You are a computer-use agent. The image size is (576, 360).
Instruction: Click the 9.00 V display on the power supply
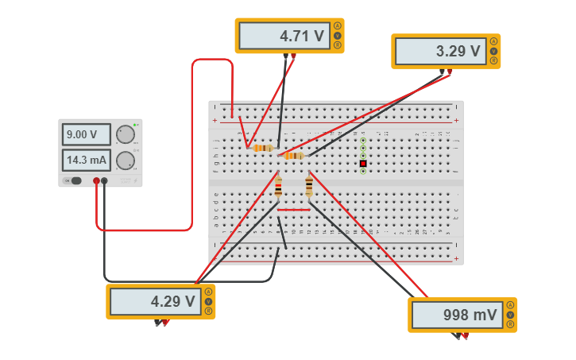coord(86,134)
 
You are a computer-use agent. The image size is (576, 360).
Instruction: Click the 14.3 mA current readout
coord(86,160)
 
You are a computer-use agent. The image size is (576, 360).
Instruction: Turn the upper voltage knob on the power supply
coord(126,134)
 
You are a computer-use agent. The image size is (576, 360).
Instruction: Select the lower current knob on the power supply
coord(126,161)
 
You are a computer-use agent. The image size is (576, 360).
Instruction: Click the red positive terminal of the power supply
coord(96,181)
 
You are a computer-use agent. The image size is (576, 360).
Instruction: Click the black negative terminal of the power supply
coord(104,181)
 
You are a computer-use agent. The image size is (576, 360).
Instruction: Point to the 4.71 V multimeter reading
coord(285,36)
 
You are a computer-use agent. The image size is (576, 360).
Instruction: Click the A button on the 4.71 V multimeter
coord(337,26)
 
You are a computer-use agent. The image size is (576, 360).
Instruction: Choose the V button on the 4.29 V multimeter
coord(208,301)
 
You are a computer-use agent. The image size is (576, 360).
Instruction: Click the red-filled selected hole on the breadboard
coord(363,163)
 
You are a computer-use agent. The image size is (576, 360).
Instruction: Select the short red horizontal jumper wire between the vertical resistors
coord(293,211)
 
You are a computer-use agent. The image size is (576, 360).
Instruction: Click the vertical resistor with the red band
coord(278,188)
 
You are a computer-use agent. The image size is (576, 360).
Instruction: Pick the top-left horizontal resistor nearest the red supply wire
coord(262,148)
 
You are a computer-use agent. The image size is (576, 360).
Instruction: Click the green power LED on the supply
coord(135,125)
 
